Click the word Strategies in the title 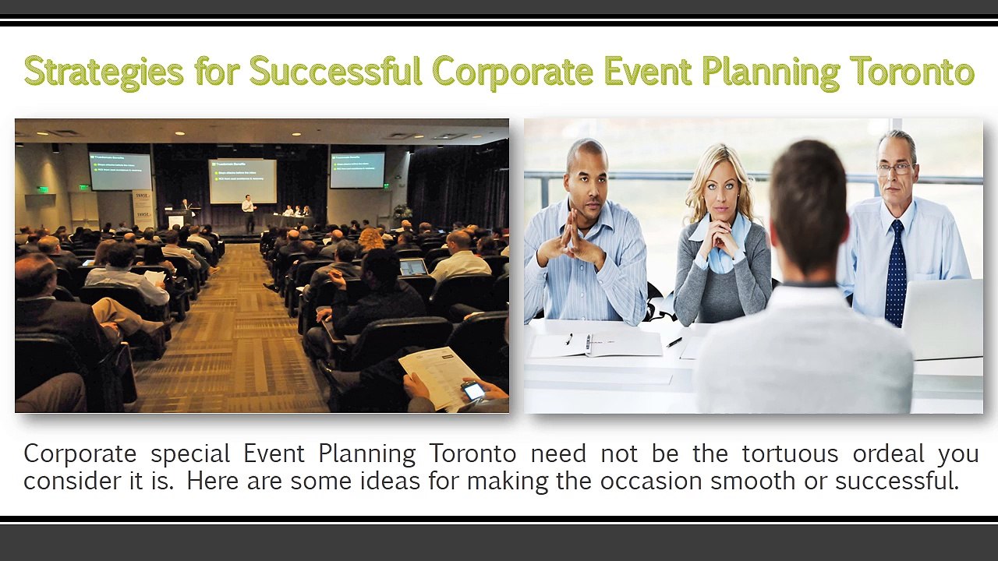point(104,72)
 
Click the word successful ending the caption point(896,481)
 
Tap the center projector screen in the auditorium point(242,180)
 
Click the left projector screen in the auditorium point(120,171)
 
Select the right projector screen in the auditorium point(357,170)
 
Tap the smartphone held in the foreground point(473,390)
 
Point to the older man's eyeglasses point(894,168)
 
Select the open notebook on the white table point(595,344)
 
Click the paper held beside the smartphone point(438,376)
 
